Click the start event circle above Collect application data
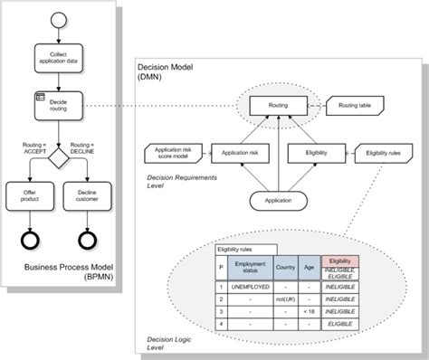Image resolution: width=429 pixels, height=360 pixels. pos(59,20)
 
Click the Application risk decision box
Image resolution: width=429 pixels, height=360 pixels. pos(242,154)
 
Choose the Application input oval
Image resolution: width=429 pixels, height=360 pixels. pos(279,197)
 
